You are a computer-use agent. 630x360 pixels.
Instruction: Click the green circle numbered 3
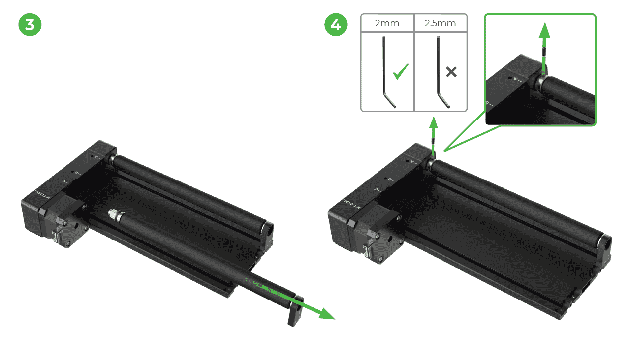pos(30,25)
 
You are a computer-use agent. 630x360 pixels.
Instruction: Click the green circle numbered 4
pos(336,25)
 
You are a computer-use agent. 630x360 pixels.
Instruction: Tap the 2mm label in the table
pos(387,23)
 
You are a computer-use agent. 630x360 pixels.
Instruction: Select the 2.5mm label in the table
pos(440,23)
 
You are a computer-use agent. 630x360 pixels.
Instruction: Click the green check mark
pos(401,72)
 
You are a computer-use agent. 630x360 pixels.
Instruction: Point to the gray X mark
pos(451,72)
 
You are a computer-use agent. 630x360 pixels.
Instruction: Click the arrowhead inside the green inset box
pos(545,30)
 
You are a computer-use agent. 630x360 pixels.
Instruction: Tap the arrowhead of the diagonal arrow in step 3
pos(326,314)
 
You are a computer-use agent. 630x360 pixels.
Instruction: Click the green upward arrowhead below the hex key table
pos(434,123)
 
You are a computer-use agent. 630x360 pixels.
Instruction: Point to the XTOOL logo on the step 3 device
pos(42,194)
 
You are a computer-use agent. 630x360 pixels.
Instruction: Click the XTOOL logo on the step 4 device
pos(351,204)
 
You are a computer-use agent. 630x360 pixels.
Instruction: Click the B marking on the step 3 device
pos(76,173)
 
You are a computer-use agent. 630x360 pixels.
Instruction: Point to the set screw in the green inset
pos(544,52)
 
